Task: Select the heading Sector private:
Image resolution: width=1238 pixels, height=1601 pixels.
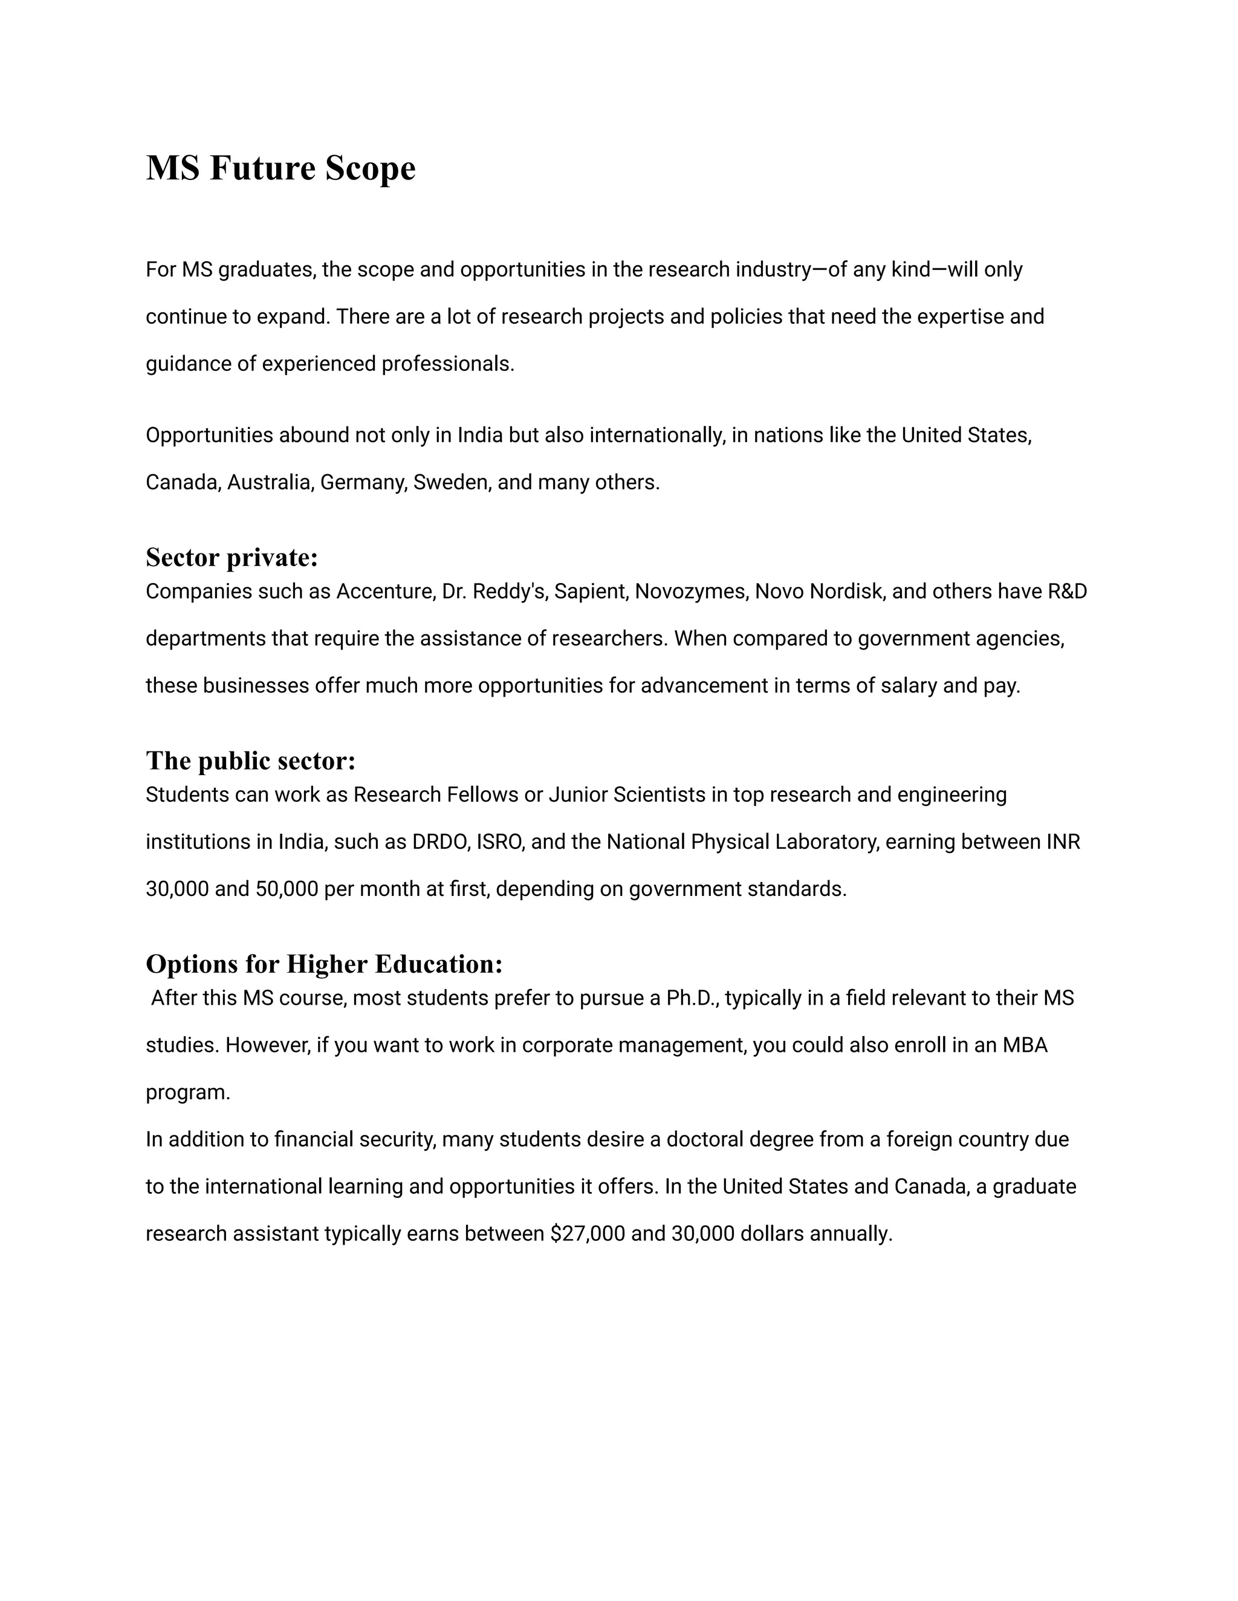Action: coord(232,557)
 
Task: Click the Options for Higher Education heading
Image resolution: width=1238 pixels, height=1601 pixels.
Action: coord(323,964)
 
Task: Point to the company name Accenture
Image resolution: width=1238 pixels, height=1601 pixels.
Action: coord(384,591)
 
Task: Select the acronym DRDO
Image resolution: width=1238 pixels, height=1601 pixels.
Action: coord(440,842)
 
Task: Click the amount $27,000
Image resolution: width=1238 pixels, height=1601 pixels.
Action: coord(587,1234)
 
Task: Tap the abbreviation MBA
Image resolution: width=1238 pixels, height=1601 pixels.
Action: coord(1025,1045)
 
